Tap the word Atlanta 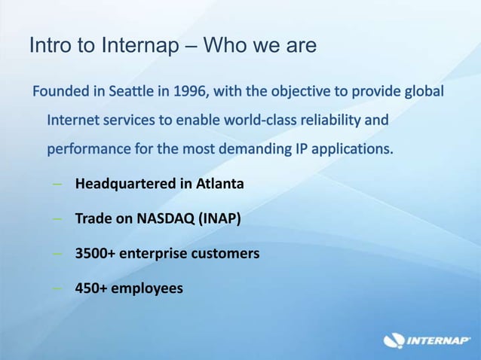coord(219,183)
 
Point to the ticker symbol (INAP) coord(219,218)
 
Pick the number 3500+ coord(95,253)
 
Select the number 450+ coord(91,288)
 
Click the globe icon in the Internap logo coord(394,340)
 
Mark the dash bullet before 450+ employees coord(57,288)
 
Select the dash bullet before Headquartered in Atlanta coord(57,183)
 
